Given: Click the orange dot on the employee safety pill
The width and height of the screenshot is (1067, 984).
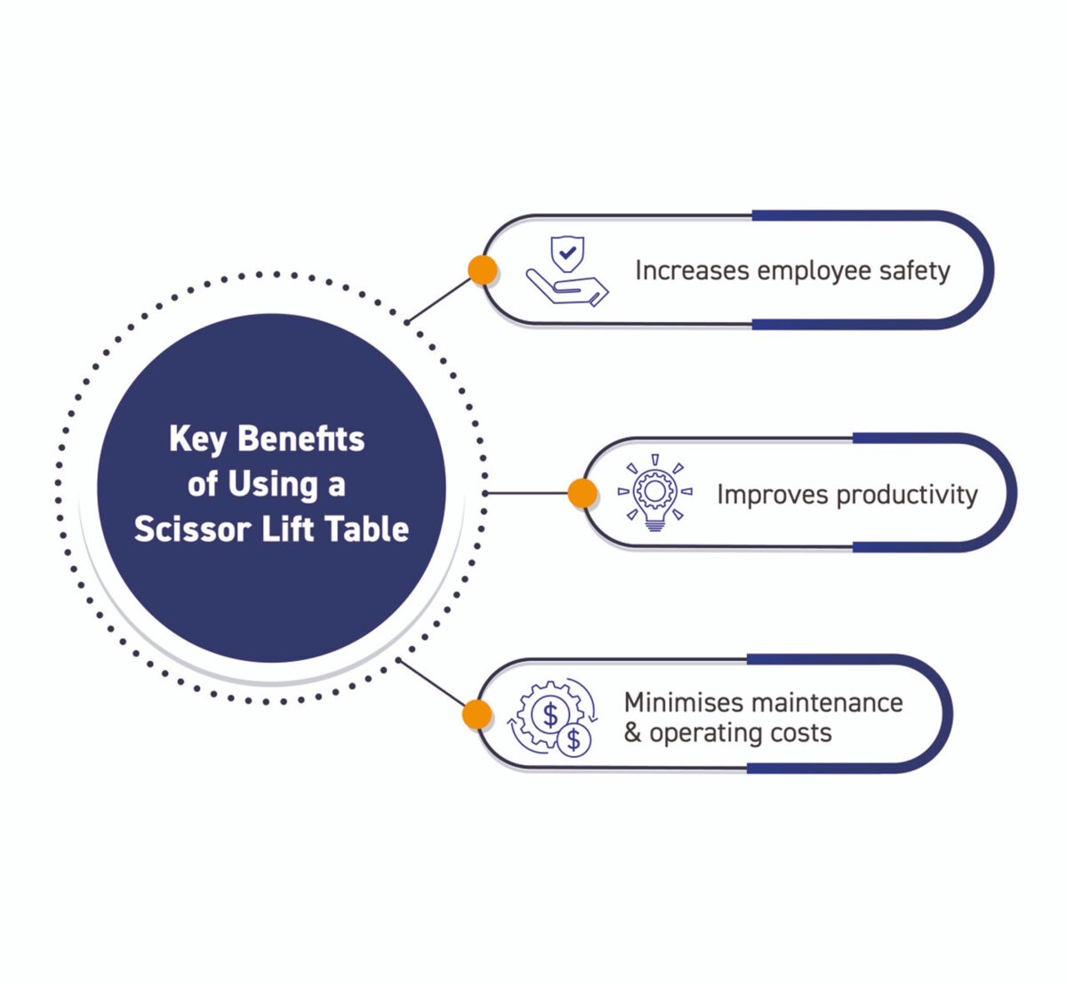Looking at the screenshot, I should [483, 270].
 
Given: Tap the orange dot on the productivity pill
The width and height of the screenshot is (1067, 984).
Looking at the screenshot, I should [582, 493].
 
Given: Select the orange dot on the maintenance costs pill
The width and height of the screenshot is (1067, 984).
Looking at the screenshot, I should [477, 714].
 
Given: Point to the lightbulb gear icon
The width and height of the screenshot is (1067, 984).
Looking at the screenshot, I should [655, 494].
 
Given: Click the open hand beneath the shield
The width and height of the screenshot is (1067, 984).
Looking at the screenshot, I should [567, 287].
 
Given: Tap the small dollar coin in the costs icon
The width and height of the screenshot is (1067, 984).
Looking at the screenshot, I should [574, 738].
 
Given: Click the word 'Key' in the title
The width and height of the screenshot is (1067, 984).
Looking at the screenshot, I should [197, 439].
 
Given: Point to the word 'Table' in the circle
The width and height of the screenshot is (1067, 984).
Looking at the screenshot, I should [366, 529].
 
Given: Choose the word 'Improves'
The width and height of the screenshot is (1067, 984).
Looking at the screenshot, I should [771, 495].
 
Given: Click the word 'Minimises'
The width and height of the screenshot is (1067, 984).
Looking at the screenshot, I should [683, 702].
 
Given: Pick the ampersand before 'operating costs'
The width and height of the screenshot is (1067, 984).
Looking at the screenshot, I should [632, 733].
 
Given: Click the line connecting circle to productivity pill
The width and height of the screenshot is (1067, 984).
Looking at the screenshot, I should [529, 493].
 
